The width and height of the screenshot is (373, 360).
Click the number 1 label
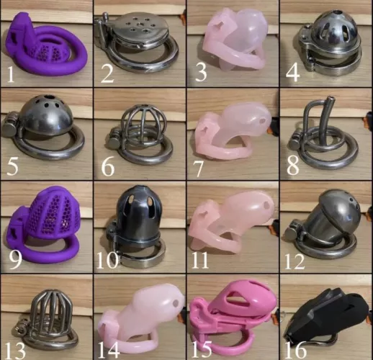11,73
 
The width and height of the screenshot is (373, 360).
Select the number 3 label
201,72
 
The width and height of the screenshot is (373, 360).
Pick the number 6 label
107,167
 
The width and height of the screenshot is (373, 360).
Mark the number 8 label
293,166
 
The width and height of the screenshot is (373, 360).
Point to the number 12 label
297,258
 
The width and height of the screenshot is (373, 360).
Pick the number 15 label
205,349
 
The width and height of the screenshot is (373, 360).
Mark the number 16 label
297,350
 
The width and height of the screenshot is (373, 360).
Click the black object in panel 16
331,317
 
